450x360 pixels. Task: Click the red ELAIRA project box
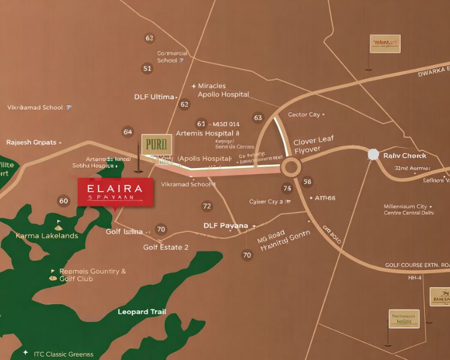point(115,191)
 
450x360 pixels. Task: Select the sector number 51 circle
point(147,68)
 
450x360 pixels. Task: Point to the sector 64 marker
point(128,131)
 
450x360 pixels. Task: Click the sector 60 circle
point(64,201)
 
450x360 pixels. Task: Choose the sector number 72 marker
point(207,206)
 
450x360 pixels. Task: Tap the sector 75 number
point(287,188)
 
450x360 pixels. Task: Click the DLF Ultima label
point(154,97)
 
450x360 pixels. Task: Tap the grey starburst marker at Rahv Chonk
point(373,155)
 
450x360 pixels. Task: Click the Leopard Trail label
point(142,312)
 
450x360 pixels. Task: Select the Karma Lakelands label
point(47,236)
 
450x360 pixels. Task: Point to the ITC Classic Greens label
point(63,355)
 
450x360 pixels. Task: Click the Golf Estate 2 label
point(166,247)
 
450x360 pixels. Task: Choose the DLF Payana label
point(226,226)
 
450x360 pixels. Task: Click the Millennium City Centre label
point(409,209)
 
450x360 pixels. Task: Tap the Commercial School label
point(172,56)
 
